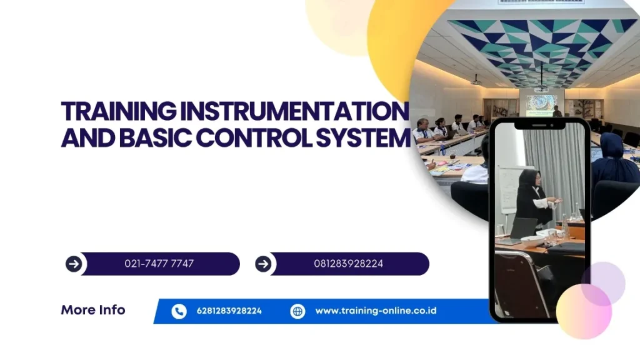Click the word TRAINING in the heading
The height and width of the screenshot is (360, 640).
(x=119, y=111)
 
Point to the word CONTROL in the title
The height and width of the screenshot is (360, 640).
(x=254, y=137)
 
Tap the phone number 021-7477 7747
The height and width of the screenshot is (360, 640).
(x=159, y=264)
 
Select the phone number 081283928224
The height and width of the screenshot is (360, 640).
(x=349, y=264)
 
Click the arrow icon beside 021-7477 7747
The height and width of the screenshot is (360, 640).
(x=74, y=264)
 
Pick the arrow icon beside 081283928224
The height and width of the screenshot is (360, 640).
(x=263, y=264)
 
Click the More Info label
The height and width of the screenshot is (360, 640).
(x=93, y=310)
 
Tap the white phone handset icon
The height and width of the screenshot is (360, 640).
(x=179, y=311)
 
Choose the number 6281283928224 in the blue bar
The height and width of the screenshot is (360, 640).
(x=229, y=311)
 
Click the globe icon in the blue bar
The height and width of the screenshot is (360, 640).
(x=297, y=311)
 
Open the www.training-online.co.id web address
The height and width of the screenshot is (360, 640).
(x=376, y=311)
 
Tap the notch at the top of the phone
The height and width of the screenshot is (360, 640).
(x=539, y=125)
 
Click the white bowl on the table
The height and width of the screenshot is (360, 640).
(x=532, y=239)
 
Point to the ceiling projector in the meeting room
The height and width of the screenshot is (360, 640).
(x=476, y=82)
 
